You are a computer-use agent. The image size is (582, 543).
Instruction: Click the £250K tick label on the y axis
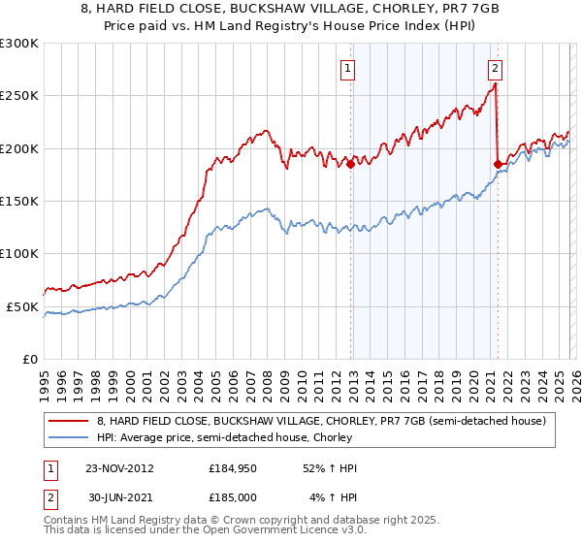pos(19,96)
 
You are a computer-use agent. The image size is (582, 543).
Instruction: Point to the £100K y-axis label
pos(19,253)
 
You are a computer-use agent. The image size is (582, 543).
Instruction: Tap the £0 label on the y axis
pos(29,359)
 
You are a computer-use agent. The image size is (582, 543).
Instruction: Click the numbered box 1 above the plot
pos(347,68)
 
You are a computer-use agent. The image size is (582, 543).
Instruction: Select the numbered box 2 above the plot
pos(495,68)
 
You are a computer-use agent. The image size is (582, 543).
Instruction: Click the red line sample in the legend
pos(68,421)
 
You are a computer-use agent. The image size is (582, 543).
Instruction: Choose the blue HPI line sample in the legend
pos(68,437)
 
